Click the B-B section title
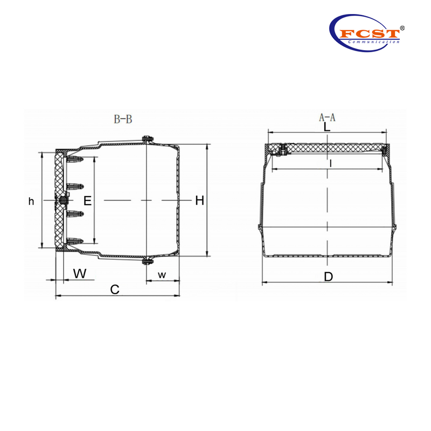[122, 120]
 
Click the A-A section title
[327, 117]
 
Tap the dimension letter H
[199, 201]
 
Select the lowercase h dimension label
[31, 201]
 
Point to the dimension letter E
[88, 201]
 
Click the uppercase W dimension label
[79, 273]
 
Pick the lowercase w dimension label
[162, 275]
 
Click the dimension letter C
[114, 289]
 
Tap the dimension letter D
[328, 277]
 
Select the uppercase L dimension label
[327, 128]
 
